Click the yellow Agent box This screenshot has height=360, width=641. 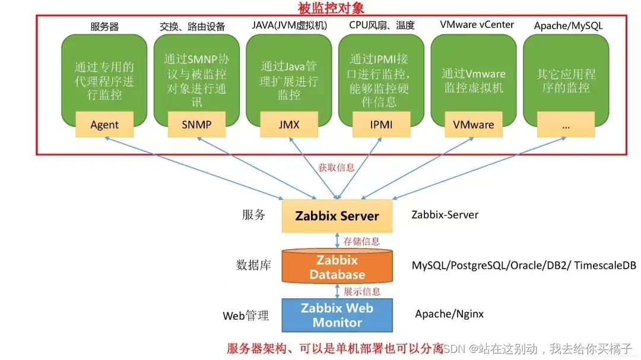[104, 125]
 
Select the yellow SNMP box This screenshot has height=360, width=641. [196, 125]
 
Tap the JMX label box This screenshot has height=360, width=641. [289, 125]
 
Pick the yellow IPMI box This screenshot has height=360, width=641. [381, 125]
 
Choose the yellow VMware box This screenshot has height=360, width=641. [474, 125]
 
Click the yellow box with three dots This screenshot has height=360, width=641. [566, 125]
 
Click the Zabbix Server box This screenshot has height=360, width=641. [337, 216]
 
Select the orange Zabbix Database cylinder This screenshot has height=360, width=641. [337, 267]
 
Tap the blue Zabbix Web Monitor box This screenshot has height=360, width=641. [337, 316]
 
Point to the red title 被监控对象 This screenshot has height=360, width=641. [331, 8]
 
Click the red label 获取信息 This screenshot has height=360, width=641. [337, 167]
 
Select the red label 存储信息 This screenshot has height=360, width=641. [361, 241]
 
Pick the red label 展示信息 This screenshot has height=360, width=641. [362, 291]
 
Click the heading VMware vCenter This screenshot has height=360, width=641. [477, 25]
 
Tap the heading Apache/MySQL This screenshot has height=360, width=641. [569, 26]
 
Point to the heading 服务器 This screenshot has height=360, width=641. [104, 26]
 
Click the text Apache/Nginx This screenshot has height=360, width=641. [449, 314]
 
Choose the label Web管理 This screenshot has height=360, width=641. [246, 316]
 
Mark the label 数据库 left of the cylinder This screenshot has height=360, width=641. [253, 265]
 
